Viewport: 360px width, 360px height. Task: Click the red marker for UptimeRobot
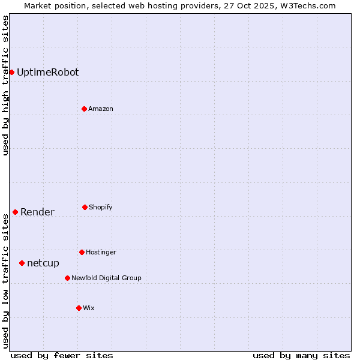(x=11, y=72)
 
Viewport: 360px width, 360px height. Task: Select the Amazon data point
(x=84, y=109)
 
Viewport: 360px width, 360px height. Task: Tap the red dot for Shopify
(x=85, y=207)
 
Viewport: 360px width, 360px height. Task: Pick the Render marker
(x=15, y=212)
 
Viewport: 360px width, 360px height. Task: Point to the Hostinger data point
(x=82, y=252)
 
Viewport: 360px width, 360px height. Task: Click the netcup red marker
(x=22, y=263)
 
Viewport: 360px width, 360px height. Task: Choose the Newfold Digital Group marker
(x=67, y=278)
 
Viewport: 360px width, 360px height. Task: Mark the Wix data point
(x=79, y=308)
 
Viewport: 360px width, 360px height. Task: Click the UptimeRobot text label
(x=47, y=72)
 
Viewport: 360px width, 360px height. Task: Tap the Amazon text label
(x=101, y=109)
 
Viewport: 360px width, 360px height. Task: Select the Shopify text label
(x=101, y=207)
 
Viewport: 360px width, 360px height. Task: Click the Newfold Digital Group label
(x=106, y=278)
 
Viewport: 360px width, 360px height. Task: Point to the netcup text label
(x=43, y=263)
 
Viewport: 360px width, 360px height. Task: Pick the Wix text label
(x=89, y=308)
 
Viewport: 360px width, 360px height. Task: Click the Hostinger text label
(x=101, y=252)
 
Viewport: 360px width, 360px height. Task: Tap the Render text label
(x=37, y=212)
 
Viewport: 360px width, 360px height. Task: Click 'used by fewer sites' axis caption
(x=62, y=355)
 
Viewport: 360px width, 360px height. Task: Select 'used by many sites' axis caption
(x=301, y=355)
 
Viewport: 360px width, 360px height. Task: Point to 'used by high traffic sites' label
(x=5, y=85)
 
